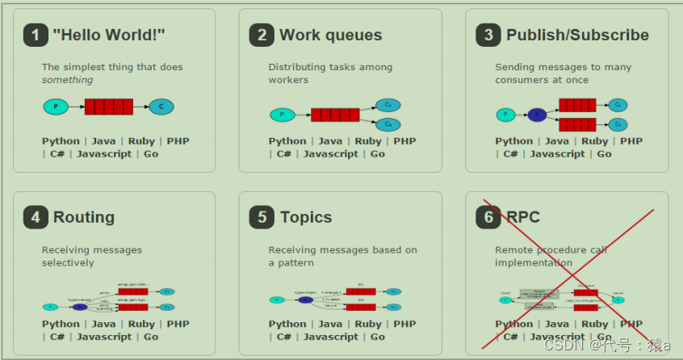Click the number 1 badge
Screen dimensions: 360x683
click(36, 35)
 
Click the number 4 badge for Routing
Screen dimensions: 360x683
click(36, 217)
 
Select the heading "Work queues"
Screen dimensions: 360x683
click(330, 35)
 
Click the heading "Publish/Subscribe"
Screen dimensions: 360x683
click(577, 35)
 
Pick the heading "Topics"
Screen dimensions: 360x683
click(306, 217)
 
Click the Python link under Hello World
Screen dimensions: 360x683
click(61, 141)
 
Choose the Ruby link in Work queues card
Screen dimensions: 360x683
click(368, 141)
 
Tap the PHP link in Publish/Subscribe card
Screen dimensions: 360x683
click(631, 141)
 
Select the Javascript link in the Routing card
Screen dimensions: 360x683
click(104, 337)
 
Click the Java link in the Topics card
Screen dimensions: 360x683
click(329, 324)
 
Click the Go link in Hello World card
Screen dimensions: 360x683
click(151, 154)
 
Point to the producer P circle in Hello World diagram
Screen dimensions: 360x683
click(56, 107)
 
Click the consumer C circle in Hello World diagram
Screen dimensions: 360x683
click(161, 107)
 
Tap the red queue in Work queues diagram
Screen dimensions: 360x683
click(335, 115)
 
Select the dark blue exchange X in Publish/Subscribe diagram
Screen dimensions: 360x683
click(537, 115)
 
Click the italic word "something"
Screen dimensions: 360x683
click(68, 80)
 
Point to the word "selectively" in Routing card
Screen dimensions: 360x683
click(68, 263)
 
